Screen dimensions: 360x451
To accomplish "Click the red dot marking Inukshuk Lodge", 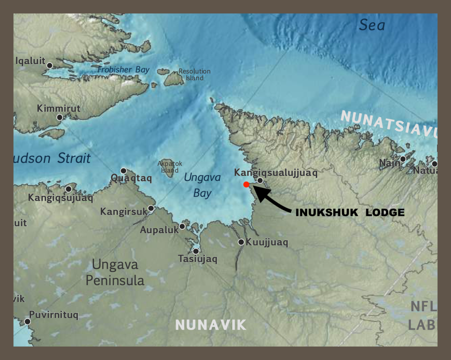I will pyautogui.click(x=246, y=185).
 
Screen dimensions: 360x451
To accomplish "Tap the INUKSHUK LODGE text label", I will pyautogui.click(x=350, y=212).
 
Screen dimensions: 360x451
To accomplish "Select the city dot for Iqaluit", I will pyautogui.click(x=50, y=66).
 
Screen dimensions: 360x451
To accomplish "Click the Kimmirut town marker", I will pyautogui.click(x=60, y=117).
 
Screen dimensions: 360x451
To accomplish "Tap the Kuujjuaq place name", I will pyautogui.click(x=267, y=242).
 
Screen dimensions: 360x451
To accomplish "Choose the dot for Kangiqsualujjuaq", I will pyautogui.click(x=260, y=181).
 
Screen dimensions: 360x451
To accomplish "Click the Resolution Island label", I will pyautogui.click(x=194, y=75).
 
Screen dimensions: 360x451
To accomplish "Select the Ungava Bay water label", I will pyautogui.click(x=202, y=185).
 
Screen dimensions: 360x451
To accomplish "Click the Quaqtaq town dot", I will pyautogui.click(x=123, y=171).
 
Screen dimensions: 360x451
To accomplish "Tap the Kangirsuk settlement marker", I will pyautogui.click(x=151, y=208).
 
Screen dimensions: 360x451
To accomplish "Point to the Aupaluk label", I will pyautogui.click(x=159, y=230).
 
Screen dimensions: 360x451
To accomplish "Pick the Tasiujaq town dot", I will pyautogui.click(x=196, y=251).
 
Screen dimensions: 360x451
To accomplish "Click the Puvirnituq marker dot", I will pyautogui.click(x=27, y=321).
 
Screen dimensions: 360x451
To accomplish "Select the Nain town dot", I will pyautogui.click(x=403, y=159).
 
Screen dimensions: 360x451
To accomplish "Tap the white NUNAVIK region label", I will pyautogui.click(x=211, y=325).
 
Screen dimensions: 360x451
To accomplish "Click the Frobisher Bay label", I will pyautogui.click(x=123, y=70).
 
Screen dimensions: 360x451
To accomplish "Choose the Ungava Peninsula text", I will pyautogui.click(x=115, y=272).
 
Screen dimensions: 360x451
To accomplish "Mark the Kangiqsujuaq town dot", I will pyautogui.click(x=69, y=189).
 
